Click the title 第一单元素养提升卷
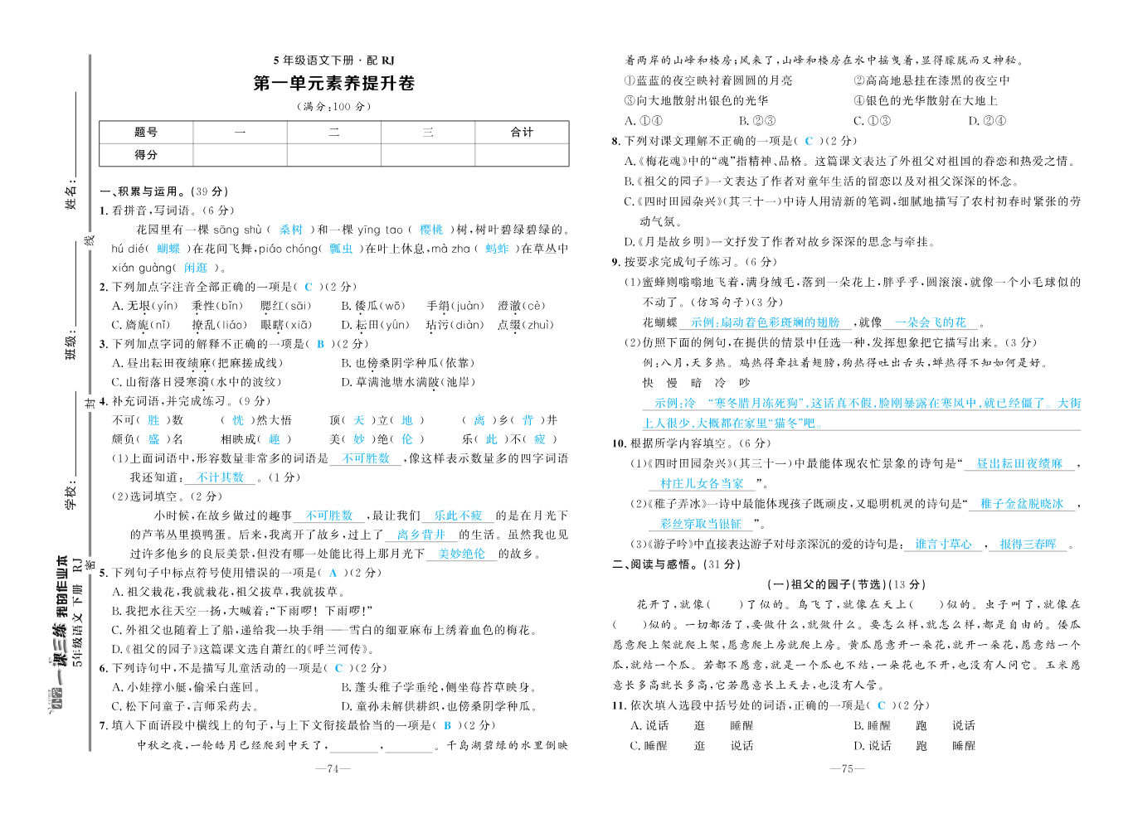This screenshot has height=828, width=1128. (x=333, y=84)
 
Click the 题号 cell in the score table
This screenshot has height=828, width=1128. (x=146, y=133)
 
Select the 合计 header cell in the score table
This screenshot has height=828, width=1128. (x=522, y=133)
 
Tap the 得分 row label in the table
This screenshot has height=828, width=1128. (x=146, y=155)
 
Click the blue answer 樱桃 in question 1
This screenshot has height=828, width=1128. (x=431, y=230)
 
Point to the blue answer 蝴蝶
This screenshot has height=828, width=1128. (x=168, y=249)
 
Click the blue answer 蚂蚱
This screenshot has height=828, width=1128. (x=497, y=249)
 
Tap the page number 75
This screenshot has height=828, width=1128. (x=847, y=769)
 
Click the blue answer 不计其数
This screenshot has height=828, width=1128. (x=221, y=477)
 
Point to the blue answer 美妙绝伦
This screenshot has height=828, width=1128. (x=462, y=554)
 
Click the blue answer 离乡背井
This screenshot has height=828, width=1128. (x=421, y=535)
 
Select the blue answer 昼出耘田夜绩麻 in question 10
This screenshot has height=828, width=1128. (x=1019, y=464)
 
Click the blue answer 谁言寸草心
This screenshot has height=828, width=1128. (x=943, y=545)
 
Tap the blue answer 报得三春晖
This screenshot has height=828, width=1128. (x=1028, y=545)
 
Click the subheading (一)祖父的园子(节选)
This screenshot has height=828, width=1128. (x=847, y=584)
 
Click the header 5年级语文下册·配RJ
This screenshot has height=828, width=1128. (x=333, y=61)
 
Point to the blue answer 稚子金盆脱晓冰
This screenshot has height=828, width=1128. (x=1021, y=504)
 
